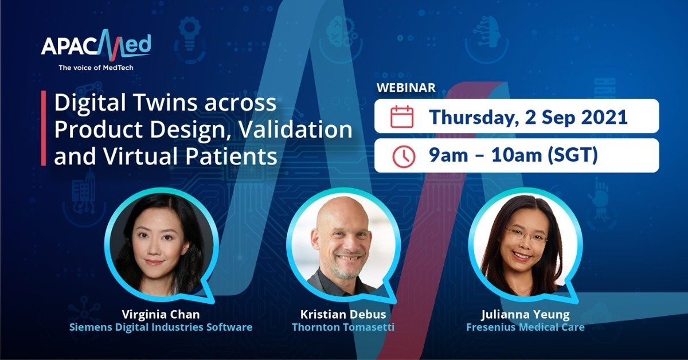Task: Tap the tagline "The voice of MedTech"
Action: pyautogui.click(x=96, y=68)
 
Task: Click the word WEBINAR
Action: pyautogui.click(x=406, y=88)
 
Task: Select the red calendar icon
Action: pyautogui.click(x=402, y=116)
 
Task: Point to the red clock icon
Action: pyautogui.click(x=404, y=156)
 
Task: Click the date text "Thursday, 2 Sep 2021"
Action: pyautogui.click(x=528, y=118)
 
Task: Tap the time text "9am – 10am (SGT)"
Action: pyautogui.click(x=514, y=155)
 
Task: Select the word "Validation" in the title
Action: pyautogui.click(x=295, y=130)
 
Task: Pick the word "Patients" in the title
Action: pyautogui.click(x=231, y=156)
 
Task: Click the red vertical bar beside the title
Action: pyautogui.click(x=44, y=128)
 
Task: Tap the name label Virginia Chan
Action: pyautogui.click(x=161, y=315)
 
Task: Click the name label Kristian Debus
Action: pyautogui.click(x=343, y=315)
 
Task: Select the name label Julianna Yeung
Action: pyautogui.click(x=526, y=315)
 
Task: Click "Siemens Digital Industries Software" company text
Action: pyautogui.click(x=161, y=327)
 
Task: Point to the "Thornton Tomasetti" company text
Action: pyautogui.click(x=343, y=327)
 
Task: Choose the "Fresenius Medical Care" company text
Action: pyautogui.click(x=526, y=327)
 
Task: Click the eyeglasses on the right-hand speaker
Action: pyautogui.click(x=526, y=236)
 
